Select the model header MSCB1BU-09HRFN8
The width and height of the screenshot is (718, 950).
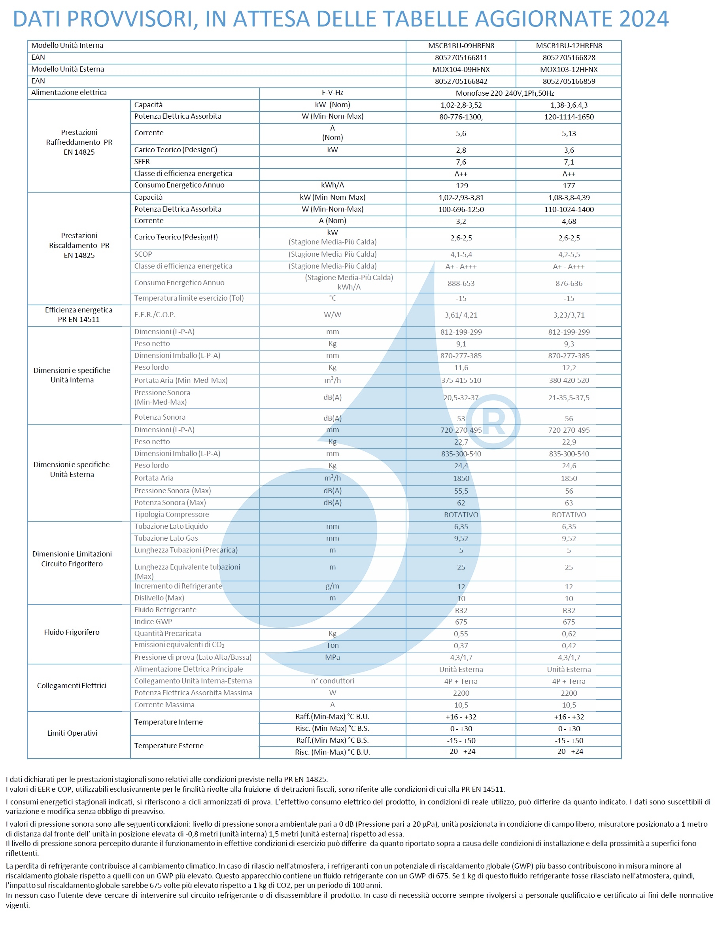point(461,46)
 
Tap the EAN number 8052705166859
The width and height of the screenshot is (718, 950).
point(569,81)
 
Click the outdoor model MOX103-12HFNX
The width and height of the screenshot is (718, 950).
point(569,70)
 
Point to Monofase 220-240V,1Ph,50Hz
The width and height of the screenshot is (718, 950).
point(504,93)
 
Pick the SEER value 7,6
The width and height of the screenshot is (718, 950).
point(461,162)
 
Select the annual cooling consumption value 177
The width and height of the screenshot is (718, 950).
point(569,185)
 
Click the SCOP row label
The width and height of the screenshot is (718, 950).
point(143,254)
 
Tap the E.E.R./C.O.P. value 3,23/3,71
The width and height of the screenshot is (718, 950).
point(569,315)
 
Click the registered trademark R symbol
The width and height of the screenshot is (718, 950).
point(493,422)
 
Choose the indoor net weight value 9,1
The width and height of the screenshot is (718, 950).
point(461,344)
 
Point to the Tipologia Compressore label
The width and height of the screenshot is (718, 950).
point(171,515)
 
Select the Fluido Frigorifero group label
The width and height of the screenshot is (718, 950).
point(72,632)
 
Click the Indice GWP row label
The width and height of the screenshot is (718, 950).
point(153,621)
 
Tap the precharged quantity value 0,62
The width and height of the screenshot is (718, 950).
point(569,634)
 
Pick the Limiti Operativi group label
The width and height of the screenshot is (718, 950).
point(72,733)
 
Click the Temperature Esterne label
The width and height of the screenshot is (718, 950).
point(169,746)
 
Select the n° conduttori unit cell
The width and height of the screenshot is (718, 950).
point(333,681)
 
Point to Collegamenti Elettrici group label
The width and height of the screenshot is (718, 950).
point(72,686)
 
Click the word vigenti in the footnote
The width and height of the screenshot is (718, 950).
point(18,905)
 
